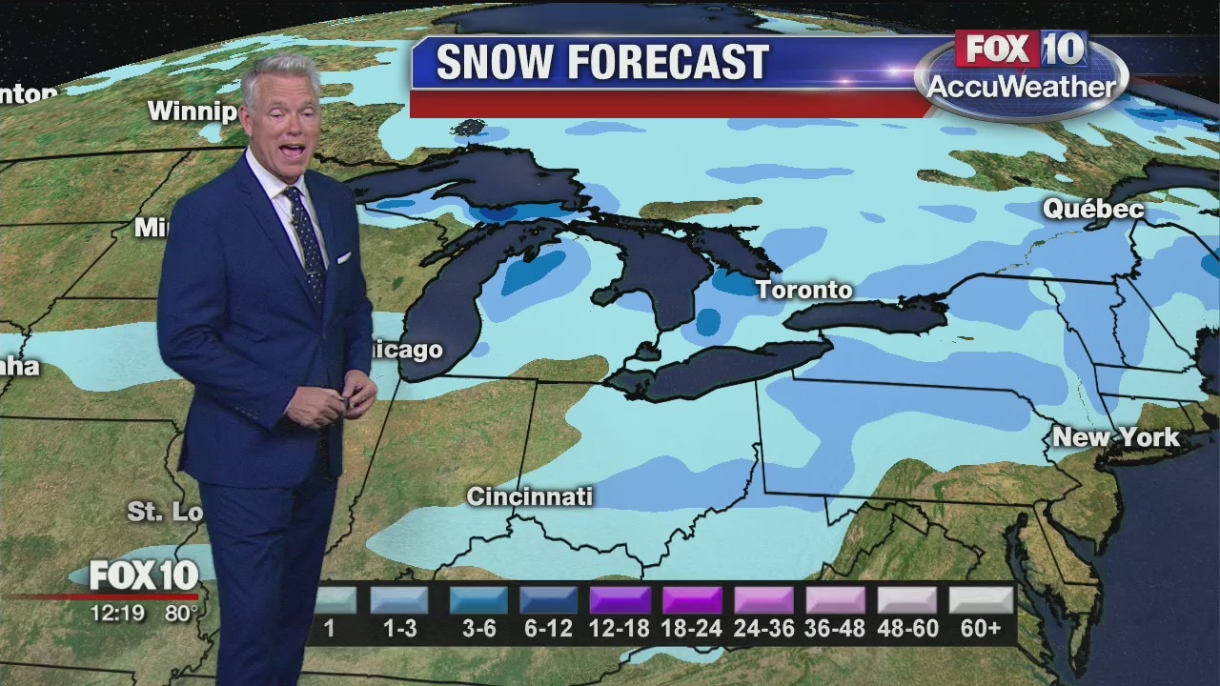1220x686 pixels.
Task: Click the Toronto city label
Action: (x=804, y=290)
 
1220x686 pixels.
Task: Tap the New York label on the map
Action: (x=1115, y=437)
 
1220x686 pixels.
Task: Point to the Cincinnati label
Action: (x=529, y=496)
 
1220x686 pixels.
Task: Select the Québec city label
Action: (x=1092, y=209)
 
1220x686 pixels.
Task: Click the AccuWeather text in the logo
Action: (x=1021, y=88)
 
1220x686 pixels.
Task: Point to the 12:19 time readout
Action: (x=117, y=614)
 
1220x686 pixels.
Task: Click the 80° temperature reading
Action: (x=180, y=614)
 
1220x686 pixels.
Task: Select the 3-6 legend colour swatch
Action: (x=478, y=600)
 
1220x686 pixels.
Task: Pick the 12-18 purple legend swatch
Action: (x=620, y=600)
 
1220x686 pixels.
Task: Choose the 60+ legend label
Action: (x=981, y=629)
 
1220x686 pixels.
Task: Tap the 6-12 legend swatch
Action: (x=549, y=600)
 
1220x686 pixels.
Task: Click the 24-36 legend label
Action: (x=763, y=629)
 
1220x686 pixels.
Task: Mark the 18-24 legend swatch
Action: (x=692, y=600)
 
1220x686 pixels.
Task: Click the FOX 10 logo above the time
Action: (x=144, y=575)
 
